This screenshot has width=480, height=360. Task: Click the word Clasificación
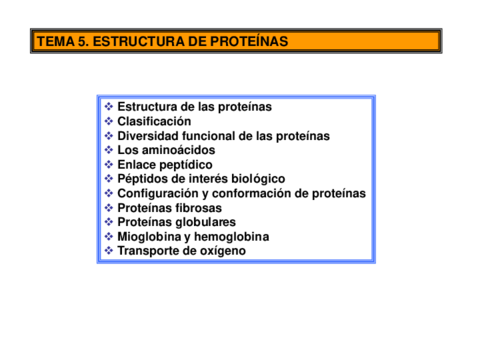[154, 121]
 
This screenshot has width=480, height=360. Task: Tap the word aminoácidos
[179, 150]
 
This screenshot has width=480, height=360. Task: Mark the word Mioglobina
[149, 237]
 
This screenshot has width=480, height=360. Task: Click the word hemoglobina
[232, 237]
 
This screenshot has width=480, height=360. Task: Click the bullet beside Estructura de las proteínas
[109, 107]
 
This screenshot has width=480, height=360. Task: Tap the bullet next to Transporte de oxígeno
[109, 251]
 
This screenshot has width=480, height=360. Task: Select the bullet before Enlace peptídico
[109, 165]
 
